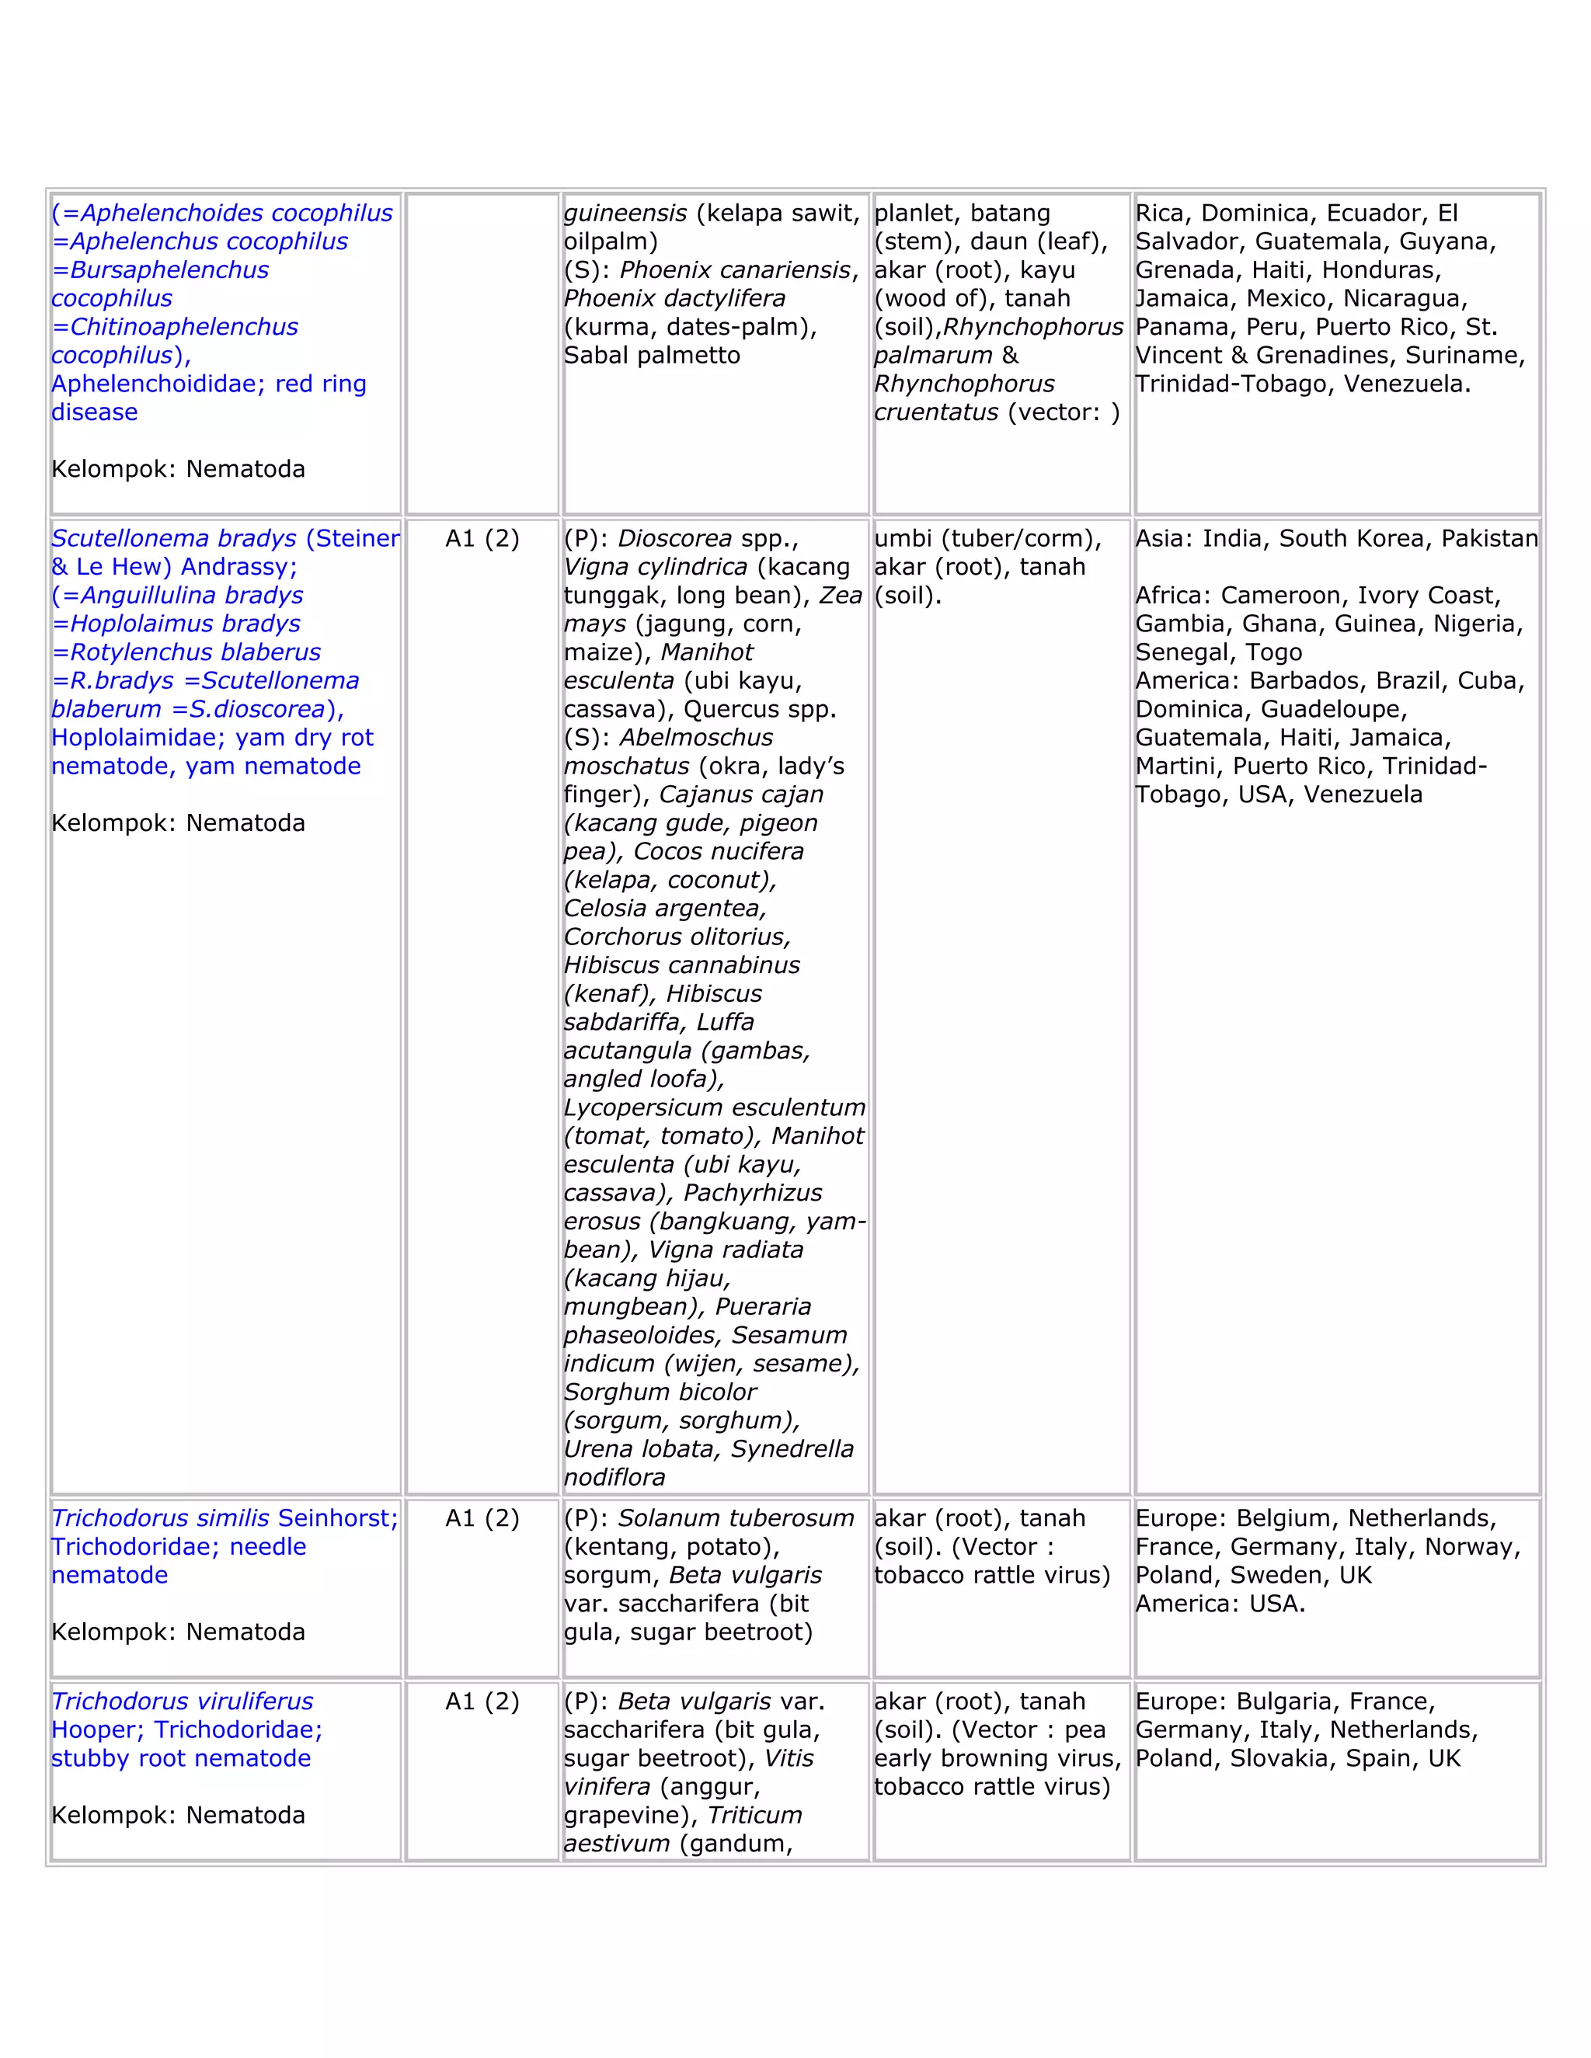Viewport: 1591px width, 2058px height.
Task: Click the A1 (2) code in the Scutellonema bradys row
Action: (482, 538)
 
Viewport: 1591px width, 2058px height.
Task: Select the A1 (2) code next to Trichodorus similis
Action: (482, 1518)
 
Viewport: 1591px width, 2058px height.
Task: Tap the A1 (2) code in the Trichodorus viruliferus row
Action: (482, 1701)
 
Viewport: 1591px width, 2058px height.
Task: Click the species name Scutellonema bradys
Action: (173, 538)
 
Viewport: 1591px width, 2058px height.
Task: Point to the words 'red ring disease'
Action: (207, 398)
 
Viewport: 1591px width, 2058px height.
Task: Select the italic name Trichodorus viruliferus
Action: (182, 1701)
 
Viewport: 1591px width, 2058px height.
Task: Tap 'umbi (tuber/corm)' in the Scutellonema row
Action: (987, 538)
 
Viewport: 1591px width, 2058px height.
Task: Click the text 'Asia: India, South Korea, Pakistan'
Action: (1335, 538)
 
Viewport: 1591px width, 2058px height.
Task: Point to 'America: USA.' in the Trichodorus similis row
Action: (1220, 1603)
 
